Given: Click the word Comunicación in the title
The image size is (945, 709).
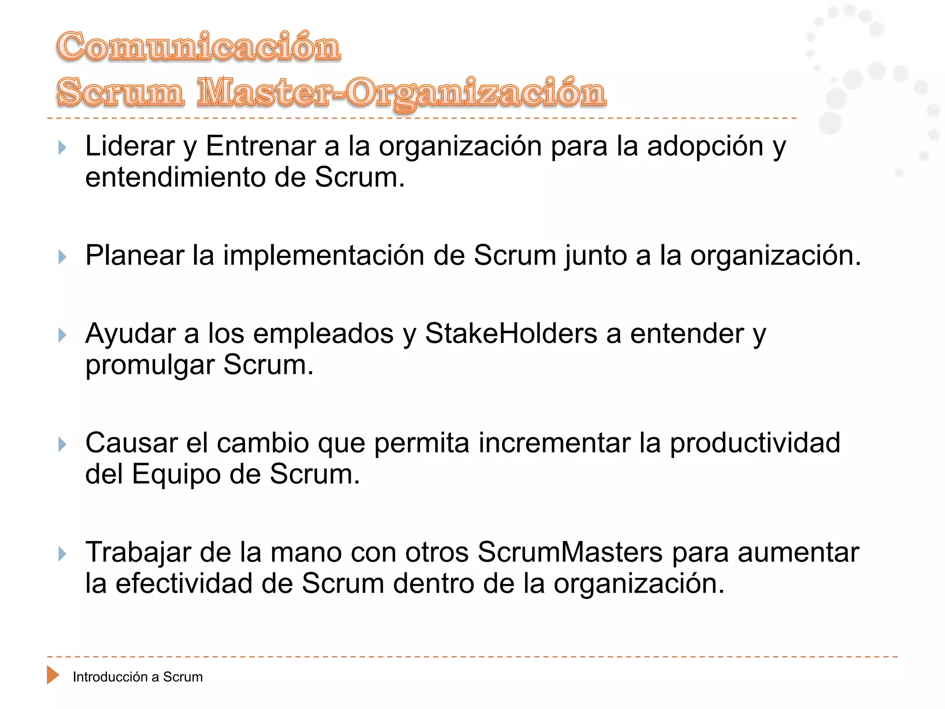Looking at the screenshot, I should (198, 47).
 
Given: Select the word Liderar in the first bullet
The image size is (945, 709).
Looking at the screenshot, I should (130, 147).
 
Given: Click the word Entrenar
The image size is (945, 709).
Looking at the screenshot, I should (261, 147).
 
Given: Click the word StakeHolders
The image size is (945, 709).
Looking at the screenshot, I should (511, 333).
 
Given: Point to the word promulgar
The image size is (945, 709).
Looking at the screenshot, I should (150, 366).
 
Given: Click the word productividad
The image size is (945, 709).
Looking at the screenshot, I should (755, 443).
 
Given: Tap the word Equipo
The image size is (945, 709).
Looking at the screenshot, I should (176, 475).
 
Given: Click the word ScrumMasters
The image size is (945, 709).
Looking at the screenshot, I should (570, 552).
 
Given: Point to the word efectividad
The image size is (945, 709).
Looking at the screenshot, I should (184, 583).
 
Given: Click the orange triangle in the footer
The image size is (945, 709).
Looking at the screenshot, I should (53, 675).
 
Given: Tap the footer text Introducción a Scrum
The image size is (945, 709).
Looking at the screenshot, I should (138, 677).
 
